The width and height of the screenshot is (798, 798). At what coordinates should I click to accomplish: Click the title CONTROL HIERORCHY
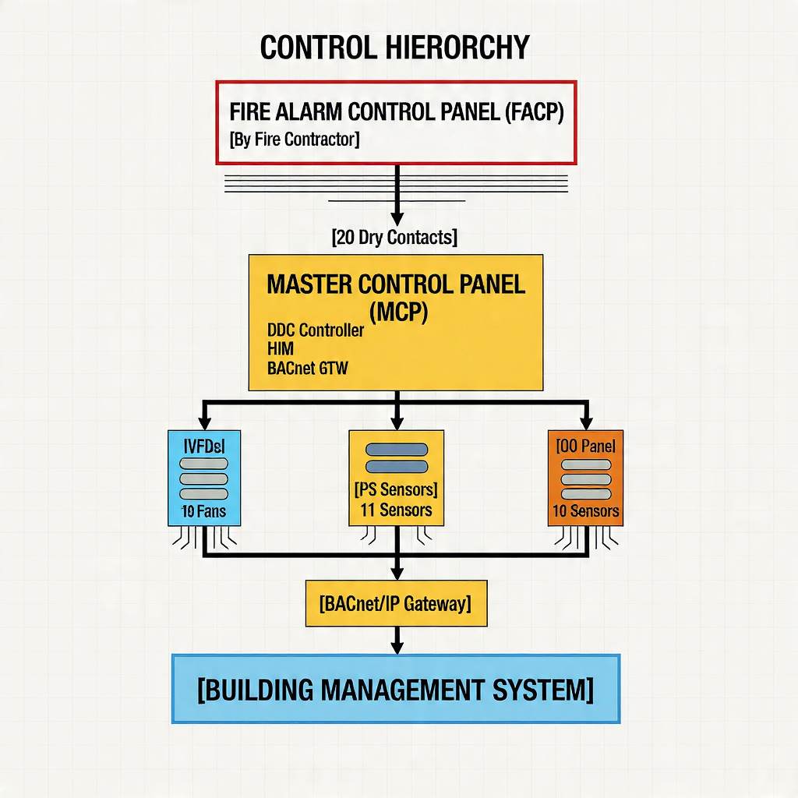pyautogui.click(x=394, y=48)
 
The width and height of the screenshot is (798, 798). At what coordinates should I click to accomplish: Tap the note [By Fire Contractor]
pyautogui.click(x=295, y=140)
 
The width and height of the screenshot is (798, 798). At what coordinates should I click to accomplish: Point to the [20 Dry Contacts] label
pyautogui.click(x=394, y=238)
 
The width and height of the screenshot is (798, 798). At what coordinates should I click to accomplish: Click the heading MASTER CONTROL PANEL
pyautogui.click(x=396, y=284)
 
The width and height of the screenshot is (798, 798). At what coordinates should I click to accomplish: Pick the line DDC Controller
pyautogui.click(x=315, y=330)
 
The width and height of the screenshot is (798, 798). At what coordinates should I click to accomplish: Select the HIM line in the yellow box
pyautogui.click(x=280, y=350)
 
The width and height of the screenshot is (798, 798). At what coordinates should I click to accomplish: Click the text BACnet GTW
pyautogui.click(x=307, y=369)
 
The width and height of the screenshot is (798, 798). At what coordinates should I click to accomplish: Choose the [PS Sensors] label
pyautogui.click(x=396, y=491)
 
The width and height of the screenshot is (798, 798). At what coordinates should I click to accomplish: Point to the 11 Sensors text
pyautogui.click(x=396, y=510)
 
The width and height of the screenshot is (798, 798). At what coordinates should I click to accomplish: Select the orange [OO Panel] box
pyautogui.click(x=586, y=477)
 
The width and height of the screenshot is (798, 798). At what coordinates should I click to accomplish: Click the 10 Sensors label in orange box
pyautogui.click(x=586, y=512)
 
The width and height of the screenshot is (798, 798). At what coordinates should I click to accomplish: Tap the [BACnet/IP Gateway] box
pyautogui.click(x=396, y=603)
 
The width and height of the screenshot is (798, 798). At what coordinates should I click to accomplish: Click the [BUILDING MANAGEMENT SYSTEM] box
pyautogui.click(x=396, y=690)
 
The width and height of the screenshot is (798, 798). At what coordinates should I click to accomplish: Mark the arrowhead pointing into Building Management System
pyautogui.click(x=397, y=647)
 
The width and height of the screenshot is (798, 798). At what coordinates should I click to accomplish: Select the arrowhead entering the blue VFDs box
pyautogui.click(x=204, y=422)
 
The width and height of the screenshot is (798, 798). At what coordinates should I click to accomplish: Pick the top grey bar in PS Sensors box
pyautogui.click(x=396, y=450)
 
